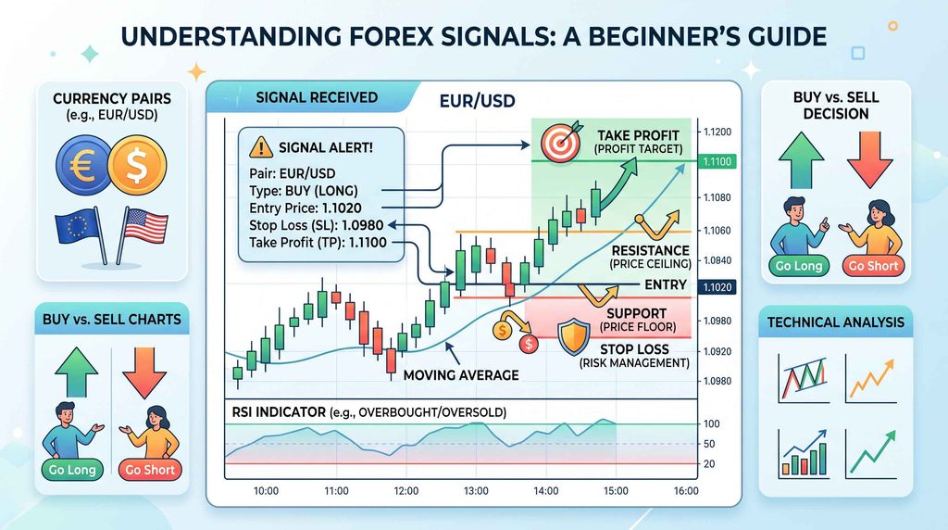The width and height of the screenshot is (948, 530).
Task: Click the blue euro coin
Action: tap(82, 165)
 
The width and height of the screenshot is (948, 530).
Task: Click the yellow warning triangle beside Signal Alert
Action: tap(260, 147)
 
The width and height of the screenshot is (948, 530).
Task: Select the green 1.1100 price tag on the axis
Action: tap(717, 161)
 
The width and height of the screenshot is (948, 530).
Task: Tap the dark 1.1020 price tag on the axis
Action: tap(717, 287)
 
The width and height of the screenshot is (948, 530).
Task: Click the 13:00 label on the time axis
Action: tap(476, 491)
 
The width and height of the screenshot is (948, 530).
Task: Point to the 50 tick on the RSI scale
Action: tap(709, 444)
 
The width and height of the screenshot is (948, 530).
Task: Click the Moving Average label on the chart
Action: tap(461, 375)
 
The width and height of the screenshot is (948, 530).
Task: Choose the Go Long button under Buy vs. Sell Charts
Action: tap(72, 470)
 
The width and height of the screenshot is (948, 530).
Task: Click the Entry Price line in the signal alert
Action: tap(306, 208)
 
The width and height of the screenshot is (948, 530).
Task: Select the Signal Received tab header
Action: tap(317, 97)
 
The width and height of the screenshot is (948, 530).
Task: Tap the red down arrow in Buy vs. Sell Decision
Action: tap(870, 159)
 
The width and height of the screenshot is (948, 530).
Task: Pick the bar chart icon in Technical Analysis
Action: tap(802, 453)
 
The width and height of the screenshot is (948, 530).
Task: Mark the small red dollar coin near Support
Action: tap(529, 345)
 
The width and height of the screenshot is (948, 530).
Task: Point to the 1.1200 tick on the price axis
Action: tap(717, 132)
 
